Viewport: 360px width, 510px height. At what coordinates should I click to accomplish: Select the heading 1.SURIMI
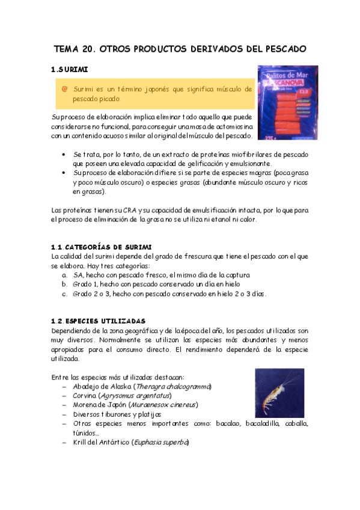[x=71, y=70]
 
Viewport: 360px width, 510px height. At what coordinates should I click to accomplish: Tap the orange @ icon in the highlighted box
[x=64, y=89]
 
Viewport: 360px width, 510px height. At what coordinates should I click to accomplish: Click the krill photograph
[x=279, y=393]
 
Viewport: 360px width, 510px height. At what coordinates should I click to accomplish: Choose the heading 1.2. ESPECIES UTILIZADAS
[x=98, y=321]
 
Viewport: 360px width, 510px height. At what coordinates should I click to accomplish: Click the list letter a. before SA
[x=64, y=275]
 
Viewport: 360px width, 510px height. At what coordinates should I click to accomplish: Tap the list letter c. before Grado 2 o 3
[x=64, y=294]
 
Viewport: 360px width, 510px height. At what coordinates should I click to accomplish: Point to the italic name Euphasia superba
[x=162, y=443]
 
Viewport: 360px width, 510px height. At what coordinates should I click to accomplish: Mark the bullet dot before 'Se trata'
[x=64, y=154]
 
